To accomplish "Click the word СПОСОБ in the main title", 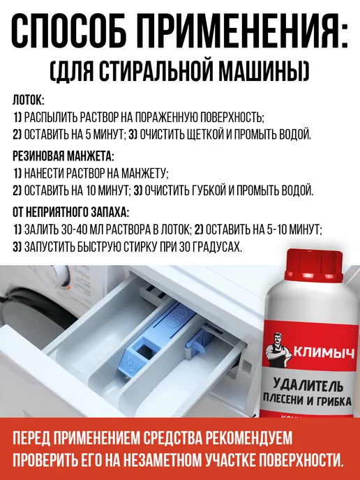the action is pyautogui.click(x=69, y=30).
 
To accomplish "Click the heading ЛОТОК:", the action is pyautogui.click(x=29, y=100).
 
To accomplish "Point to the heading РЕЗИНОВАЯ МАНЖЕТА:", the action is pyautogui.click(x=63, y=156).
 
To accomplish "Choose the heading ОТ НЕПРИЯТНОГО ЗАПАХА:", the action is pyautogui.click(x=71, y=212).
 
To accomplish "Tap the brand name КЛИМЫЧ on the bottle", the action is pyautogui.click(x=324, y=353).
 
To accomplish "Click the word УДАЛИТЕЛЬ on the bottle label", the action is pyautogui.click(x=308, y=385).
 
